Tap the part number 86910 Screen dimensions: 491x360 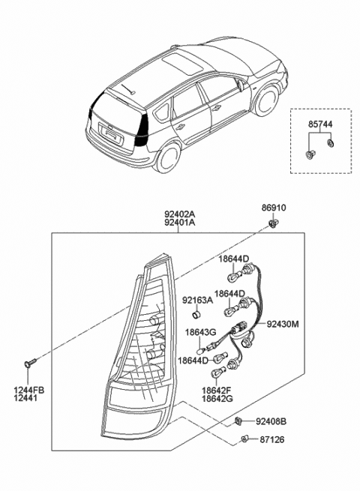tap(273, 208)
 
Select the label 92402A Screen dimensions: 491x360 tap(178, 213)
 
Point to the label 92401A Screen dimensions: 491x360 tap(178, 222)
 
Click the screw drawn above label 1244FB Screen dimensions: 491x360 tap(29, 364)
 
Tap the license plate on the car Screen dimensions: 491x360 tap(112, 136)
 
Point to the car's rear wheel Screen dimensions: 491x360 tap(166, 158)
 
